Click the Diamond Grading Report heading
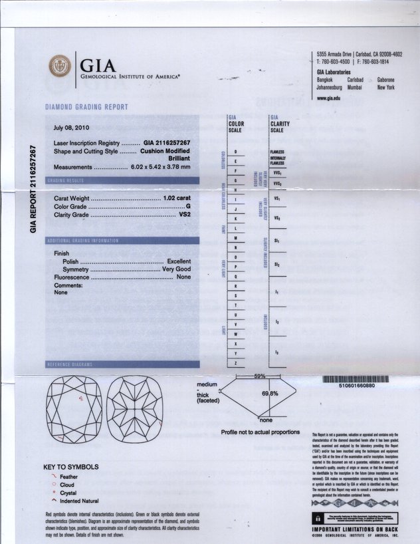[86, 107]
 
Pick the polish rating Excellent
[179, 261]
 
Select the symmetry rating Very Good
[176, 269]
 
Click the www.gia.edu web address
[329, 98]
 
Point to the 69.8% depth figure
[268, 394]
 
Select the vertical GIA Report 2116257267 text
[32, 187]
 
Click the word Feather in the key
[68, 477]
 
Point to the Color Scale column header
[239, 125]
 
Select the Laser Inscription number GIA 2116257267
[167, 143]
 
